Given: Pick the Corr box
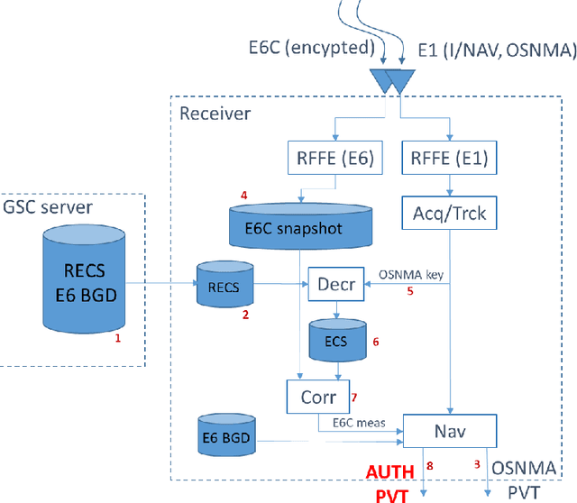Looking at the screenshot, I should pyautogui.click(x=312, y=395).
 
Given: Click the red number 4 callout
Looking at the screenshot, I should pyautogui.click(x=242, y=195).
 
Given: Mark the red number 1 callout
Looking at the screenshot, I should pyautogui.click(x=116, y=341).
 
